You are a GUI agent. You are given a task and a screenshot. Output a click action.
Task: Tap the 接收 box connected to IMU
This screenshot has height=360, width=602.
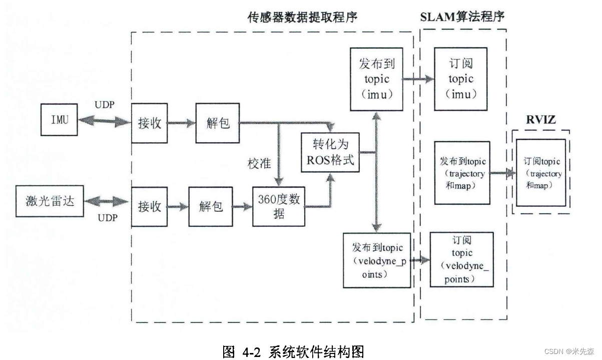point(150,122)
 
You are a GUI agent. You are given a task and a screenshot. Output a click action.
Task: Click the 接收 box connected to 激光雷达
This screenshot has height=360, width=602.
point(150,205)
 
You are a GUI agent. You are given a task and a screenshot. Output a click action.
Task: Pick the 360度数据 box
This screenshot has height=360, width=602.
point(279,205)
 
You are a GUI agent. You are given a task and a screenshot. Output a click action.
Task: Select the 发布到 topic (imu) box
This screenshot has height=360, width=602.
point(377,79)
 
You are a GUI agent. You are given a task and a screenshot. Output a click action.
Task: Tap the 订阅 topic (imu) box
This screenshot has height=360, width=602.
point(461,79)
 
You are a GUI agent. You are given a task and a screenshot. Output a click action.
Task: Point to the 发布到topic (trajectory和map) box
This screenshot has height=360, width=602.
point(462,173)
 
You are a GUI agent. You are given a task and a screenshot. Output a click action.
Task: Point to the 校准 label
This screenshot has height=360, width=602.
point(259,163)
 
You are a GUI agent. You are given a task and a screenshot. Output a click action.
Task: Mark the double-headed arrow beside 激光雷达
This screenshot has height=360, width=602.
point(107,201)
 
